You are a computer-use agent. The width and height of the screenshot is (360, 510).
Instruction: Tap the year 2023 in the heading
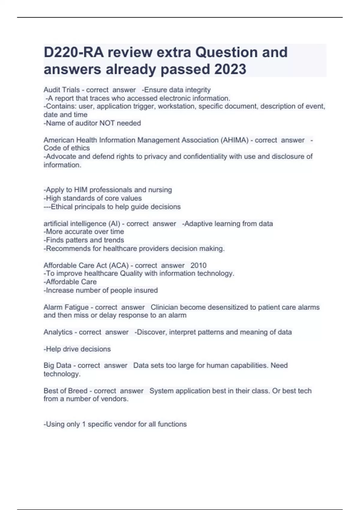click(x=230, y=69)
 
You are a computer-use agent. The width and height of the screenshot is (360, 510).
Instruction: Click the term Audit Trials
click(x=61, y=90)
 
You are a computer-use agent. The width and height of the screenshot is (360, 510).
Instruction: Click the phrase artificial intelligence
click(x=74, y=224)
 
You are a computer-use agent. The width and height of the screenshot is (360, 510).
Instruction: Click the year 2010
click(x=198, y=265)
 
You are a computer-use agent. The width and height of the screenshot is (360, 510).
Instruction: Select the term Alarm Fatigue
click(x=66, y=307)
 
